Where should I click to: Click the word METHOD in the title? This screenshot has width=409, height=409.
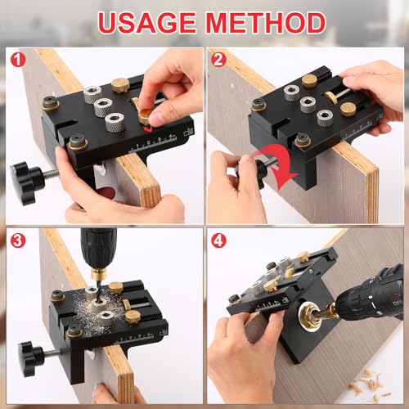point(262,22)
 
